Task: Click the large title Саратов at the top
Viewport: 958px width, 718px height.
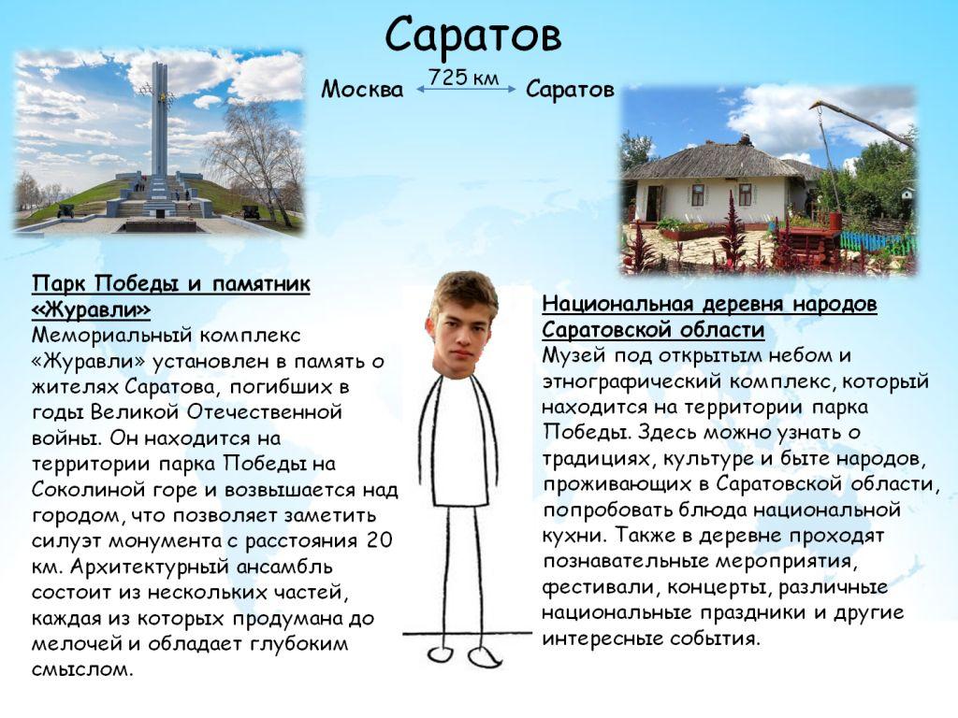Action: [x=472, y=36]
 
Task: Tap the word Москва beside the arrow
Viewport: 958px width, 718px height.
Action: [x=362, y=90]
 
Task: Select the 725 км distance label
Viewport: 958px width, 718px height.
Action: [x=464, y=78]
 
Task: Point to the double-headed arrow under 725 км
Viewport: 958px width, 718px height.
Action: [x=466, y=89]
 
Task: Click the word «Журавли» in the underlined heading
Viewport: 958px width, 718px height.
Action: [x=91, y=309]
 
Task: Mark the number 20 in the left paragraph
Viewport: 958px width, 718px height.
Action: [x=379, y=540]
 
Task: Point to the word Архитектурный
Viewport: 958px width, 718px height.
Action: [x=150, y=567]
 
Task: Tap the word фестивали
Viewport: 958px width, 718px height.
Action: [x=599, y=587]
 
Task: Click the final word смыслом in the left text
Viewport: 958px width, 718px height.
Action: [x=82, y=669]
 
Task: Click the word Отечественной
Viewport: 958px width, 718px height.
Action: [x=264, y=412]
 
